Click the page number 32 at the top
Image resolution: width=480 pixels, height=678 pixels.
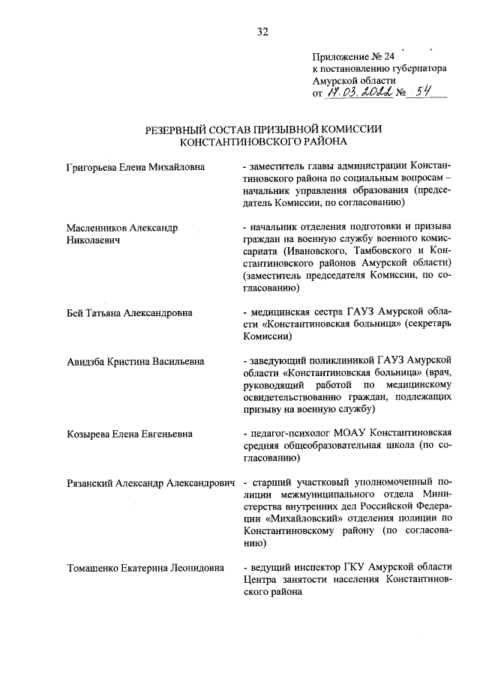tap(262, 31)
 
